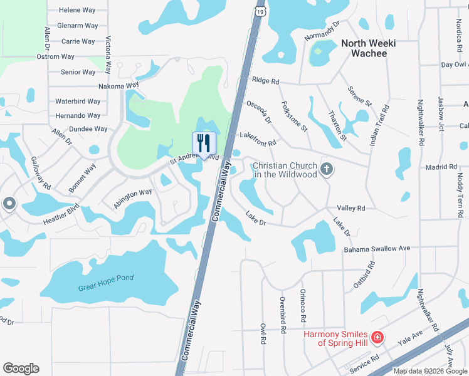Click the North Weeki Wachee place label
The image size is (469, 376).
coord(364,48)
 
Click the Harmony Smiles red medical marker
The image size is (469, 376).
coord(377,338)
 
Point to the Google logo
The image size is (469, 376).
coord(21,368)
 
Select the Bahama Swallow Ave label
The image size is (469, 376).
coord(377,249)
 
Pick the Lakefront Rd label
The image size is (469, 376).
coord(258,139)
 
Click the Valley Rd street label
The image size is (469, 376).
coord(350,208)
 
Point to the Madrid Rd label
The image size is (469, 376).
coord(442,167)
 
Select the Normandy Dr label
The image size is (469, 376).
coord(322,31)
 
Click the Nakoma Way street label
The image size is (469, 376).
coord(119,85)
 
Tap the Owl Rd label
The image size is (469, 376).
coord(263,333)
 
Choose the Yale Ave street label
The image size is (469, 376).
coord(411,339)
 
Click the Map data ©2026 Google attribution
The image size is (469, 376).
coord(430,371)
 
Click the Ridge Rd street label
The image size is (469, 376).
coord(265,81)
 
